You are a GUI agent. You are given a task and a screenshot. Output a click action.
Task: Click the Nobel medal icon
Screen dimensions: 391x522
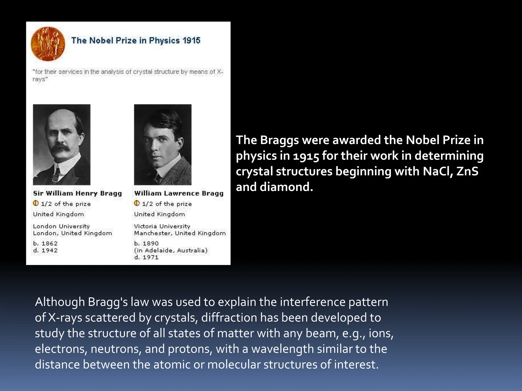pos(48,44)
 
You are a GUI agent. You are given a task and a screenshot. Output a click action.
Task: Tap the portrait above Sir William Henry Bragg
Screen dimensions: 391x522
pos(62,145)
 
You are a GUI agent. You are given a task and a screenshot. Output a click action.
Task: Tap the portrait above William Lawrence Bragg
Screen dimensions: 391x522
pos(163,145)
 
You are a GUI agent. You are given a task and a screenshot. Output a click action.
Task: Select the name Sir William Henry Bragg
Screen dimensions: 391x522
pos(77,193)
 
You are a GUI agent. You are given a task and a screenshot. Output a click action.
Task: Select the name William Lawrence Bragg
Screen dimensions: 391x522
pos(179,193)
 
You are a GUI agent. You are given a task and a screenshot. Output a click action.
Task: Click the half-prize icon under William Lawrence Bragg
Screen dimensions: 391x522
pos(137,203)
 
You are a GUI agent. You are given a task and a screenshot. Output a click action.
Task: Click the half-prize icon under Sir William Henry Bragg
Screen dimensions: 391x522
pos(36,203)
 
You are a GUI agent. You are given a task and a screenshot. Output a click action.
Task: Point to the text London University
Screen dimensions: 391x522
pos(61,226)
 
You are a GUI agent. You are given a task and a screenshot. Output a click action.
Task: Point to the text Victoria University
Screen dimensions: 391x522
pos(162,226)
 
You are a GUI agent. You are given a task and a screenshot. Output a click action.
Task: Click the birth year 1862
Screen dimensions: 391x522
pos(50,243)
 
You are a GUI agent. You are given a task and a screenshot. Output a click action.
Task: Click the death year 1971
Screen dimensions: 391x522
pos(150,257)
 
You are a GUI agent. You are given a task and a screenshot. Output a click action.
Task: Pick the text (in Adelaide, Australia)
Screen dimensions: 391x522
pos(171,250)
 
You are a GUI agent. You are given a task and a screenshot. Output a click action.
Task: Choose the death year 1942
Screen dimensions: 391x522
pos(50,250)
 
